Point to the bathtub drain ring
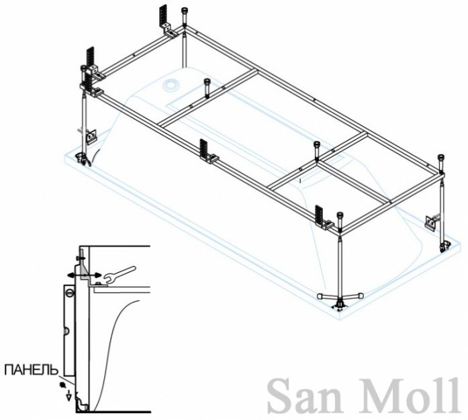coord(171,85)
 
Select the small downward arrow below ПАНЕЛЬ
coord(69,396)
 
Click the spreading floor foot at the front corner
coord(340,299)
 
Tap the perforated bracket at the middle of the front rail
coord(207,152)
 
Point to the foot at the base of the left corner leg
coord(84,159)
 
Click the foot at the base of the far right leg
coord(444,247)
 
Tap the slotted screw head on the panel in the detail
coord(69,293)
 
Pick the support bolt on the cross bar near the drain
coord(207,87)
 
